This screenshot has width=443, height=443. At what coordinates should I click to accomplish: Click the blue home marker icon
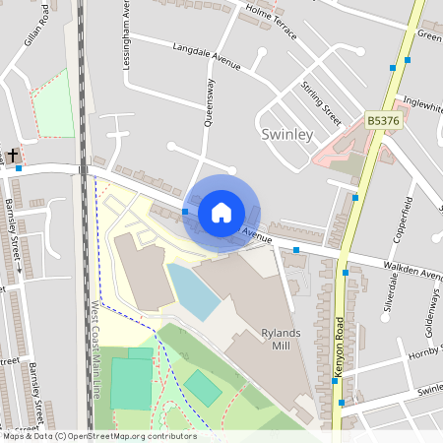click(221, 212)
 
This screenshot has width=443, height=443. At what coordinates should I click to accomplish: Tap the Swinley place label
click(288, 133)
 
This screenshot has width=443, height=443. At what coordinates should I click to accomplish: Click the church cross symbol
click(13, 156)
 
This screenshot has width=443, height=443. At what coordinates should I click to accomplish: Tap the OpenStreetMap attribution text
click(98, 436)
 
